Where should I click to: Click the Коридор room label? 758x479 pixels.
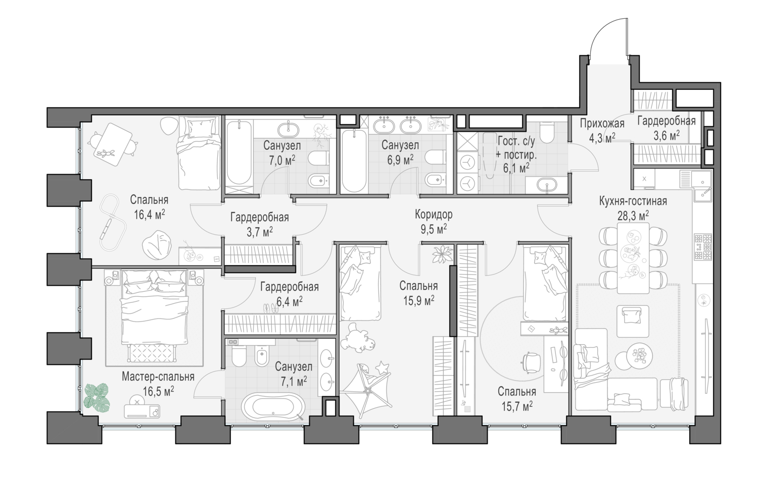click(x=434, y=215)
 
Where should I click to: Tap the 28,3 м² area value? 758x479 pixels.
click(x=633, y=216)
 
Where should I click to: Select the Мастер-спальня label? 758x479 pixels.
click(x=158, y=377)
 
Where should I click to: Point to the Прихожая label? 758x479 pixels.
click(x=602, y=124)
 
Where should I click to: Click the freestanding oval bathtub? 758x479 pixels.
click(x=273, y=406)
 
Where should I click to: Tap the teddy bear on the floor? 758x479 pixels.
click(x=358, y=339)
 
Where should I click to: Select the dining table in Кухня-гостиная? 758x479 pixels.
click(x=633, y=258)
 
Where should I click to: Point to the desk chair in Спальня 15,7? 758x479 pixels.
click(x=531, y=362)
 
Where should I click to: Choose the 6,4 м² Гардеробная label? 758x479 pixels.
click(x=290, y=294)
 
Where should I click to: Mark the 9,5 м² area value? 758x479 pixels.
click(x=434, y=229)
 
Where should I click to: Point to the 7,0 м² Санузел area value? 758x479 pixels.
click(x=281, y=159)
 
